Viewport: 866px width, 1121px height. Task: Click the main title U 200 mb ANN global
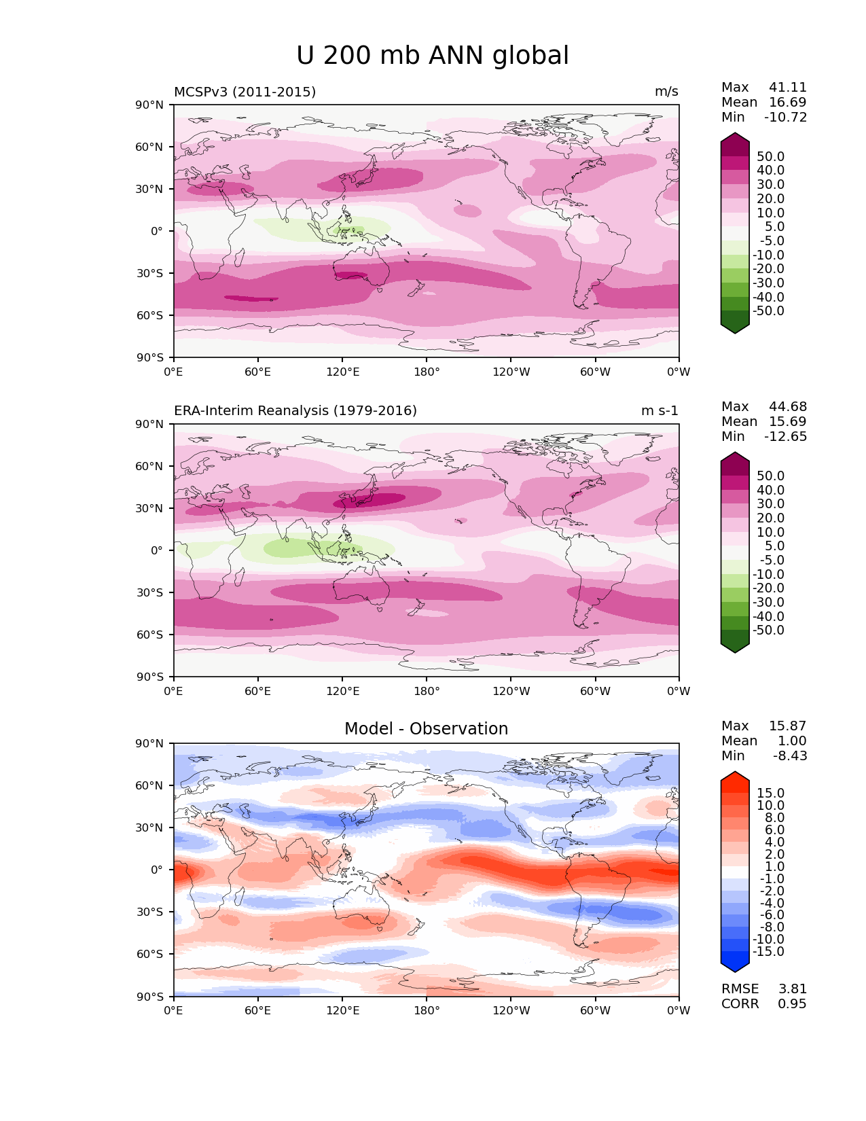[433, 56]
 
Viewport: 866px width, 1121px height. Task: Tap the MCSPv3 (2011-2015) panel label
[245, 92]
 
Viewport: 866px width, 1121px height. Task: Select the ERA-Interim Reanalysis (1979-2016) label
[295, 411]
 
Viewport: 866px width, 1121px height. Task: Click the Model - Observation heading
[426, 729]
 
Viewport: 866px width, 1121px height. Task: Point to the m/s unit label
[666, 92]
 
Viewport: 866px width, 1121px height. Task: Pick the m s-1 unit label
[660, 411]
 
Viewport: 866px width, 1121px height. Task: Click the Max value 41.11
[788, 88]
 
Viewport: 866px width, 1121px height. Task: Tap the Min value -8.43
[790, 756]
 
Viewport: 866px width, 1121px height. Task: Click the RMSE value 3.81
[792, 989]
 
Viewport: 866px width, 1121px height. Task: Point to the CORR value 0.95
[792, 1004]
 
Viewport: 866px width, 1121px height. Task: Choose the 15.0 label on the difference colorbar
[771, 794]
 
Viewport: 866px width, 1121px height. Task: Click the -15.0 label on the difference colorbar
[768, 952]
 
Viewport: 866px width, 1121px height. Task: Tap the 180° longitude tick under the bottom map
[427, 1011]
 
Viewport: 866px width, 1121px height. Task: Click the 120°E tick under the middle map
[342, 692]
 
